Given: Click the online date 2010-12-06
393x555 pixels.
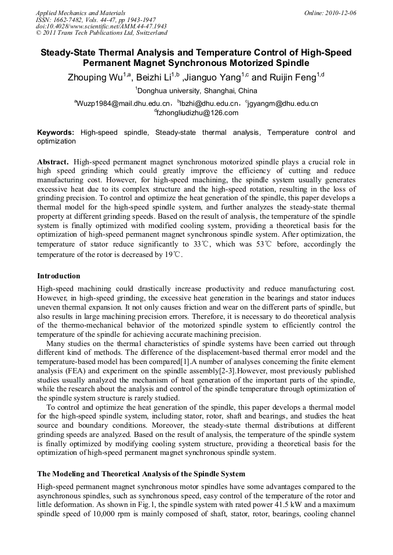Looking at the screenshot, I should [x=340, y=13].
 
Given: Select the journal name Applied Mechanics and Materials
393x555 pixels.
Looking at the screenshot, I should [x=81, y=13].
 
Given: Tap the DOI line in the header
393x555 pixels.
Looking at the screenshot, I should [x=101, y=27].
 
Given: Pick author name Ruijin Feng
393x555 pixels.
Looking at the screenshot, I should [x=293, y=78].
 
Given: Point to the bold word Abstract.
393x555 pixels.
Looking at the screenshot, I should [x=53, y=161].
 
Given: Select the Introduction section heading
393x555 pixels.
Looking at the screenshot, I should [x=59, y=275].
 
